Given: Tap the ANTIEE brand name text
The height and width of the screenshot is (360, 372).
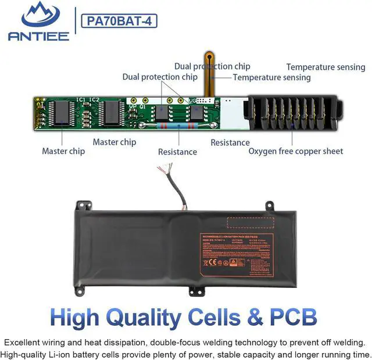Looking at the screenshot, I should [38, 36].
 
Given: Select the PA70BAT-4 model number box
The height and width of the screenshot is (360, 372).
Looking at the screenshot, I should [120, 21].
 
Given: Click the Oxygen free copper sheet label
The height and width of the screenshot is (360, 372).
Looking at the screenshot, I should [296, 152].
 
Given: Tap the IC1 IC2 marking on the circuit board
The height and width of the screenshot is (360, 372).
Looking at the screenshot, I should [88, 99].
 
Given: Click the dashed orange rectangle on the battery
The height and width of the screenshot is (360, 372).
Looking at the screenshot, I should [250, 223].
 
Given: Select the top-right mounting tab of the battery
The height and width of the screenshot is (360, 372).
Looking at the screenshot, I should [269, 205].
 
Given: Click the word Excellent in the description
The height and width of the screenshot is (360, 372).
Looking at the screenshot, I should [24, 342].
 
